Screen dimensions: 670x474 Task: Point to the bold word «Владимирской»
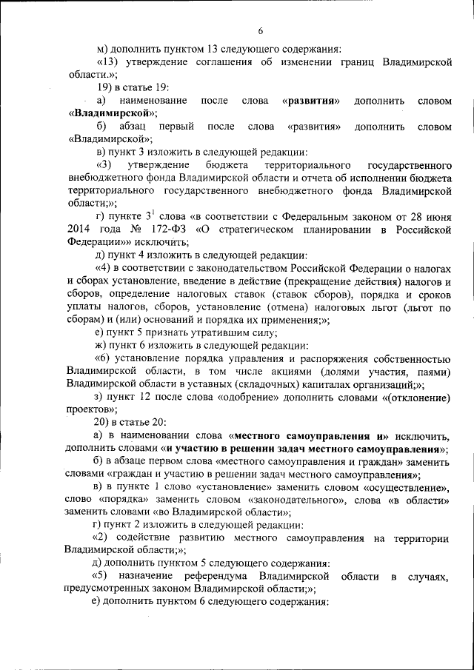111,113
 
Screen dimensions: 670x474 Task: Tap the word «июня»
437,215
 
